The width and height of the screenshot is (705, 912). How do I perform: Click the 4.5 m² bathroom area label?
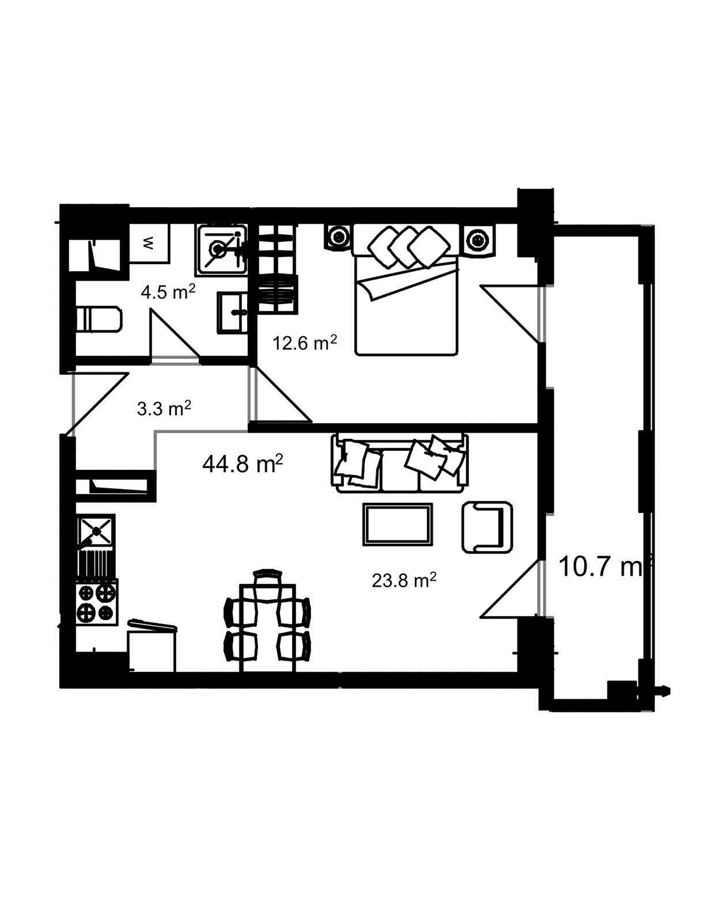tap(167, 293)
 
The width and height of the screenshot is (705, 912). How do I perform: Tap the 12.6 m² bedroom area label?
tap(304, 343)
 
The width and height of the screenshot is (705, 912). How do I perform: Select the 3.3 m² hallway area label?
tap(164, 408)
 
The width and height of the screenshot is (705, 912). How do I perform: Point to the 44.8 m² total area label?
tap(242, 464)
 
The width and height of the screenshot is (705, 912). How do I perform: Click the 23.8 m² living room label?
tap(403, 580)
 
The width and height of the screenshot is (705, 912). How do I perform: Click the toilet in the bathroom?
tap(98, 319)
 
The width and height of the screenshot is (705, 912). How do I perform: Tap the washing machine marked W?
tap(149, 243)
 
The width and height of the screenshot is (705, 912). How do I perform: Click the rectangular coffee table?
tap(397, 524)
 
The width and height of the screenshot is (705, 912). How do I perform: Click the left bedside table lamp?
tap(339, 238)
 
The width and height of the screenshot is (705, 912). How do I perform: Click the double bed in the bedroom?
tap(405, 298)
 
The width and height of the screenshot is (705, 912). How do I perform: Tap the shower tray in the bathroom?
tap(221, 249)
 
